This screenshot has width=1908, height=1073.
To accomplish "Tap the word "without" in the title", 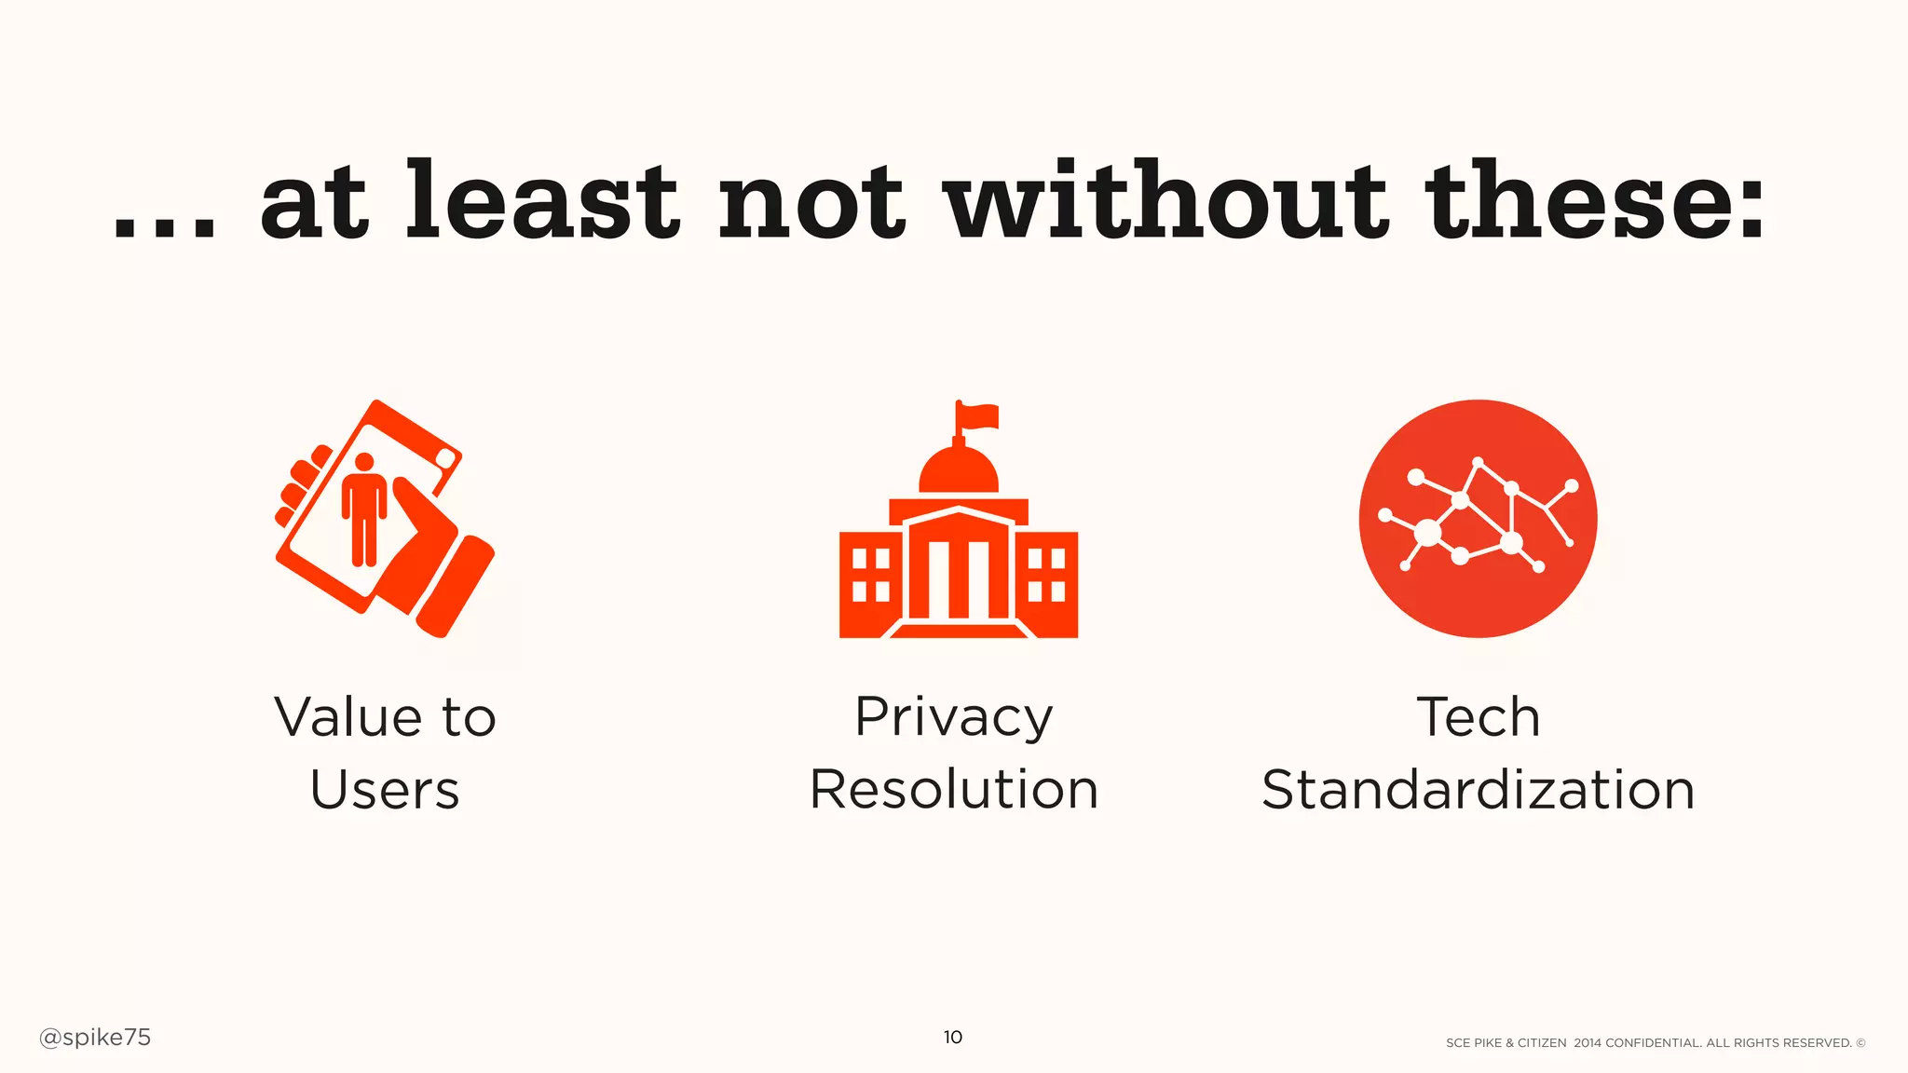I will tap(1165, 200).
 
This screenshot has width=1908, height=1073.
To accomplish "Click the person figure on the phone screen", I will tap(364, 509).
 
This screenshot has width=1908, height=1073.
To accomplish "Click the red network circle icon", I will tap(1478, 519).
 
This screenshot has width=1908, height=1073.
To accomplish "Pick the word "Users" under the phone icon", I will tap(385, 790).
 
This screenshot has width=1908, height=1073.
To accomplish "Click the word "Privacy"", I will tap(954, 718).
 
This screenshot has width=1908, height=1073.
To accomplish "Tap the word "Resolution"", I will tap(954, 790).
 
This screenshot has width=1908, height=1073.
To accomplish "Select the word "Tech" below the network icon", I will tap(1478, 717).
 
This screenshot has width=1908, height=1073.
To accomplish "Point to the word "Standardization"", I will tap(1478, 790).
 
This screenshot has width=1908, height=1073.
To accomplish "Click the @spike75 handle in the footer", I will tap(95, 1038).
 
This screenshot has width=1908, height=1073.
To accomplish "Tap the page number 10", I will tap(952, 1038).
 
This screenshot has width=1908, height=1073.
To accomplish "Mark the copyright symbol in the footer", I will tap(1860, 1043).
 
